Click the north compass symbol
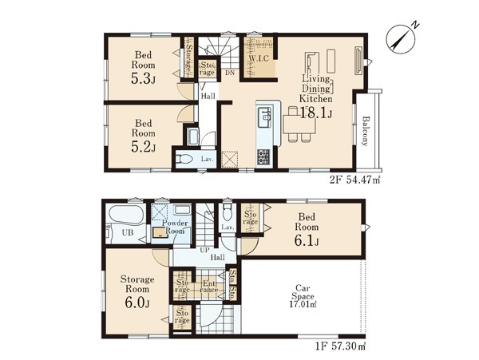[x=402, y=39]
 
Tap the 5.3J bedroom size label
[x=143, y=79]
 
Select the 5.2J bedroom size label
[x=143, y=147]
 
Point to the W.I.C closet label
[x=259, y=58]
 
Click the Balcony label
[x=366, y=131]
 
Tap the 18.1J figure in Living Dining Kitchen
[x=316, y=113]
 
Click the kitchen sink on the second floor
[x=264, y=117]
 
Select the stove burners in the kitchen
[x=263, y=157]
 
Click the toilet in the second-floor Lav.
[x=184, y=159]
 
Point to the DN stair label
[x=230, y=73]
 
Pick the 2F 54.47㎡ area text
[x=354, y=180]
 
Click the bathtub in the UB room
[x=126, y=215]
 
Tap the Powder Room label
[x=175, y=227]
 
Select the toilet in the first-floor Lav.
[x=227, y=212]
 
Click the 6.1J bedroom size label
[x=307, y=241]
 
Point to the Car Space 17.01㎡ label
[x=303, y=296]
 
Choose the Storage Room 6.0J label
[x=137, y=291]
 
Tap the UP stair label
[x=204, y=250]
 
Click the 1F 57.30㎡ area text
[x=340, y=346]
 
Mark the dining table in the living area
[x=299, y=124]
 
